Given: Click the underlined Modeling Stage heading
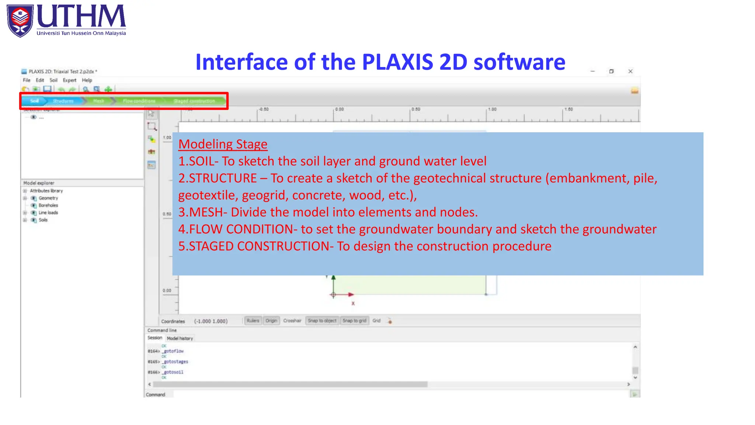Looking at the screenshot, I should tap(223, 144).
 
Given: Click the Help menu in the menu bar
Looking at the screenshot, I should tap(87, 80).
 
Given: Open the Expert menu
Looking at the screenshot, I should tap(69, 80).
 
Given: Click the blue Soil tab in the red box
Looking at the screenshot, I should tap(34, 101).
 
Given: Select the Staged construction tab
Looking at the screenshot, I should tap(194, 101).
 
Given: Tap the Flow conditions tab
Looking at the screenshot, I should tap(139, 101).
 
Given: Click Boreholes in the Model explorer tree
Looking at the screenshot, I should tap(48, 205).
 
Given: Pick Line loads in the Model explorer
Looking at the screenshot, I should tap(48, 212).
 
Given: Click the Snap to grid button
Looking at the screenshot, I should tap(354, 321).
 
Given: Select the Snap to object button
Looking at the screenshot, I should tap(322, 321).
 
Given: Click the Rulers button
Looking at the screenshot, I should tap(253, 321).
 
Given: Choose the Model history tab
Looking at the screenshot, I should tap(180, 338).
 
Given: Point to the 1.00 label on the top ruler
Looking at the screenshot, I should tap(492, 109).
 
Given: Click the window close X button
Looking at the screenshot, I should tap(630, 71).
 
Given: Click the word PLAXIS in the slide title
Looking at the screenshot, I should tap(397, 62).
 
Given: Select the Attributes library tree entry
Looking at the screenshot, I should tap(46, 191).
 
